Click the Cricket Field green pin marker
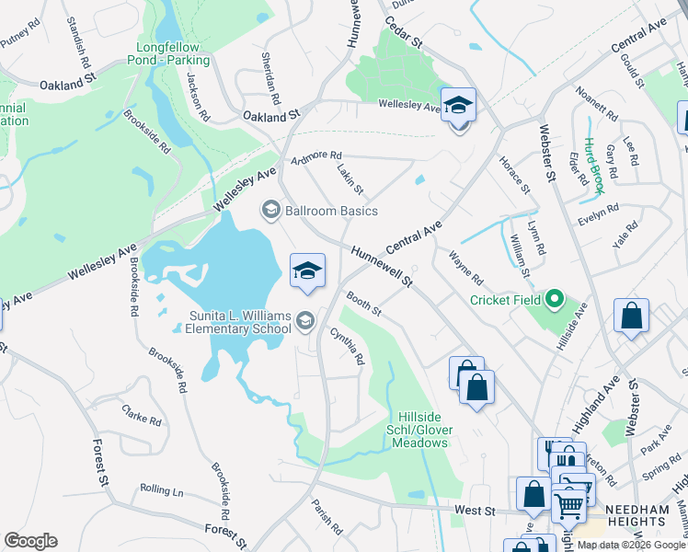(x=554, y=299)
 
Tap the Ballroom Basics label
(x=331, y=211)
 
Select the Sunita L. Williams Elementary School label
(x=240, y=322)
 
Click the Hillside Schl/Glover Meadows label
(x=423, y=430)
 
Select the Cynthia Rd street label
(x=348, y=347)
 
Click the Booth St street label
(x=364, y=305)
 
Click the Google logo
(x=30, y=541)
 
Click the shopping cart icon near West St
(x=568, y=503)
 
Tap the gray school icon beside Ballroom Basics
(x=270, y=211)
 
